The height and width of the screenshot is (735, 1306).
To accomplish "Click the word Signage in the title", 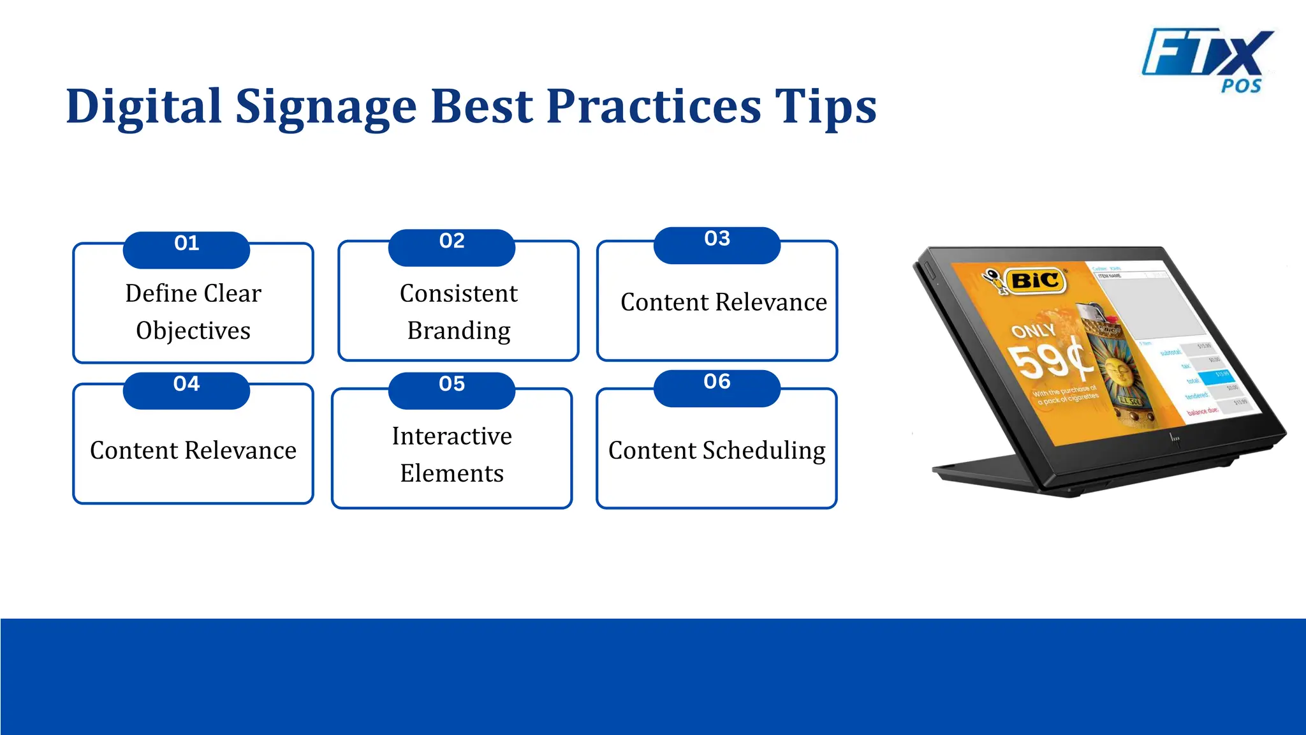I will point(326,107).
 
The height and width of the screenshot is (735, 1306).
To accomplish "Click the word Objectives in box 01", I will point(193,330).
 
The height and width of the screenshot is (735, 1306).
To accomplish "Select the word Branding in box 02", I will point(459,330).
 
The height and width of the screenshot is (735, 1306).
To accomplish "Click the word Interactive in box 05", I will point(451,436).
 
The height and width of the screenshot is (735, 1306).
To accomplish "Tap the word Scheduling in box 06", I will point(763,450).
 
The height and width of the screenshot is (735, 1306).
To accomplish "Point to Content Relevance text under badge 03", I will point(723,302).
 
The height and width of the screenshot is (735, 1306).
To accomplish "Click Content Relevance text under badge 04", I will point(193,450).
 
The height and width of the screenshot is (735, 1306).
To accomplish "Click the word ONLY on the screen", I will point(1033,330).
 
